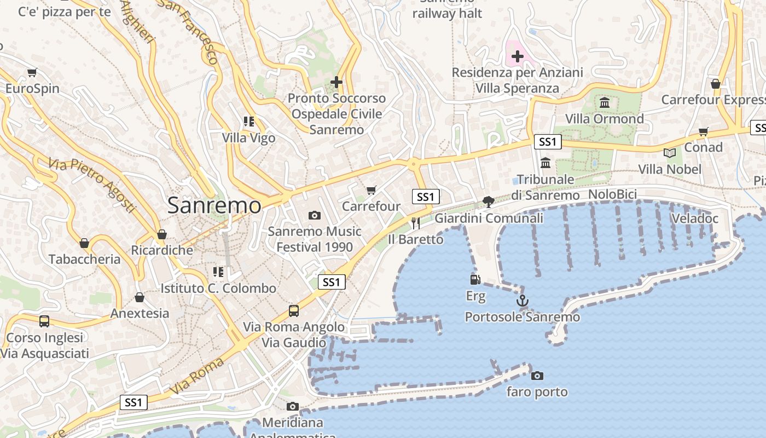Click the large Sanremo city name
click(x=214, y=205)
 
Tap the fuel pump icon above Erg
click(x=475, y=280)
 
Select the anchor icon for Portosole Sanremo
click(x=523, y=301)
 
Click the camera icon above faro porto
click(x=537, y=376)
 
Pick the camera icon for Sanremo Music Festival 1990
click(x=315, y=215)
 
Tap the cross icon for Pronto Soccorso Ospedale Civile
click(x=336, y=82)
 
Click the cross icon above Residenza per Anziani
click(x=518, y=56)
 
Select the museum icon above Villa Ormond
click(x=605, y=102)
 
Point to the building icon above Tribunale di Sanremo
click(x=546, y=163)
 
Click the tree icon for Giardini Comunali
click(x=489, y=202)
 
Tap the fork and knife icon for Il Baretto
click(x=416, y=223)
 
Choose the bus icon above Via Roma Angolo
click(x=294, y=311)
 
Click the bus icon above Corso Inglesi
click(x=44, y=321)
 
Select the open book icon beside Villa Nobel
click(x=670, y=153)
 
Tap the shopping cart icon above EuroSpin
click(x=32, y=72)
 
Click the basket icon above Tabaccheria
click(x=84, y=243)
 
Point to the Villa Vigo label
click(x=249, y=138)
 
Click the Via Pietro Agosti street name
click(x=91, y=185)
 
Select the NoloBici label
click(x=613, y=195)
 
